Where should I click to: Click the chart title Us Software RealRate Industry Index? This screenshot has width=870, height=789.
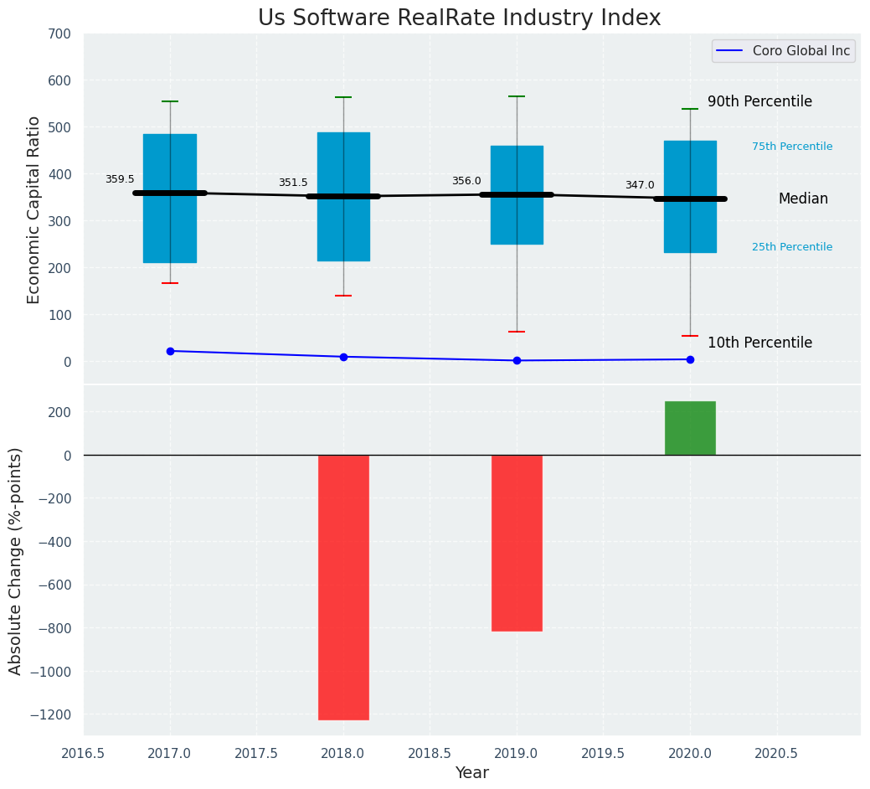(x=459, y=18)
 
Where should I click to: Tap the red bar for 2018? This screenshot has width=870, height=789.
(x=343, y=586)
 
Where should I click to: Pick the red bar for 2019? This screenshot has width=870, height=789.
(x=517, y=543)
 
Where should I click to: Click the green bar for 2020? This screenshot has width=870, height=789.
(x=690, y=428)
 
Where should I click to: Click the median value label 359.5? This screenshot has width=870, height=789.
(x=120, y=179)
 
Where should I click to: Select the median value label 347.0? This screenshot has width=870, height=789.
(x=640, y=185)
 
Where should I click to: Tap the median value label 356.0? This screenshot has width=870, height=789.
(x=466, y=181)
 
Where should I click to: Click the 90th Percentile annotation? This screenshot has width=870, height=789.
(x=759, y=101)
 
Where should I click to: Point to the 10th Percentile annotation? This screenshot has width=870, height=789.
(x=759, y=343)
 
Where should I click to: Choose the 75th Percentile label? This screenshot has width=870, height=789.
(x=792, y=147)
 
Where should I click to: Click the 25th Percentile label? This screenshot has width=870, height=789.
(x=792, y=247)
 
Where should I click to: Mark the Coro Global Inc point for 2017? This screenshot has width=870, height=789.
(x=170, y=351)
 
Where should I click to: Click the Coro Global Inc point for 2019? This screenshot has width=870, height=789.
(x=517, y=360)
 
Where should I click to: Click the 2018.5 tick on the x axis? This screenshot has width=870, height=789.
(x=430, y=753)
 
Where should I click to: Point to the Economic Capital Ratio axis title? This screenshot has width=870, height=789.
(x=34, y=209)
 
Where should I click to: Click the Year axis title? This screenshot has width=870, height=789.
(x=472, y=773)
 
